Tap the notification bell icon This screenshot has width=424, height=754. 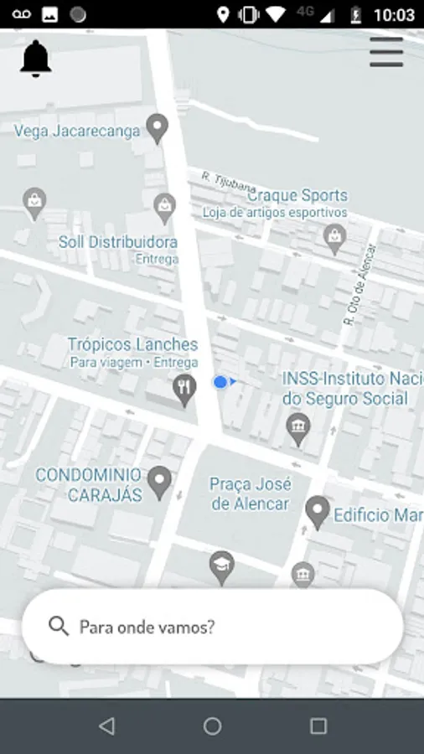coord(35,59)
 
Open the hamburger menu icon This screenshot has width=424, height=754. coord(386,53)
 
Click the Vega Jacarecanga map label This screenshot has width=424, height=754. coord(77,132)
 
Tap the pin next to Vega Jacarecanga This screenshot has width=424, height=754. coord(157,128)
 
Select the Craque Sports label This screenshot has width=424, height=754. coord(297,196)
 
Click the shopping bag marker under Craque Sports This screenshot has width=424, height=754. coord(335,239)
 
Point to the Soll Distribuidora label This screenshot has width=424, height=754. coord(117,242)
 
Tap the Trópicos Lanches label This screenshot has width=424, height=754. coord(132,344)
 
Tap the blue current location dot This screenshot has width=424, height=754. coord(220,382)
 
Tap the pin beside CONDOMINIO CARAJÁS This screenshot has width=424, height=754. coord(159,482)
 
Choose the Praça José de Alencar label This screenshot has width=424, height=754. coord(250,494)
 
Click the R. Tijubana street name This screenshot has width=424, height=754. coord(228,182)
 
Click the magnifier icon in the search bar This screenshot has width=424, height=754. coord(58,627)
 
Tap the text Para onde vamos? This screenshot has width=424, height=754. coord(147,627)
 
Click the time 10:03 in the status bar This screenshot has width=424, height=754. coord(393,15)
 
